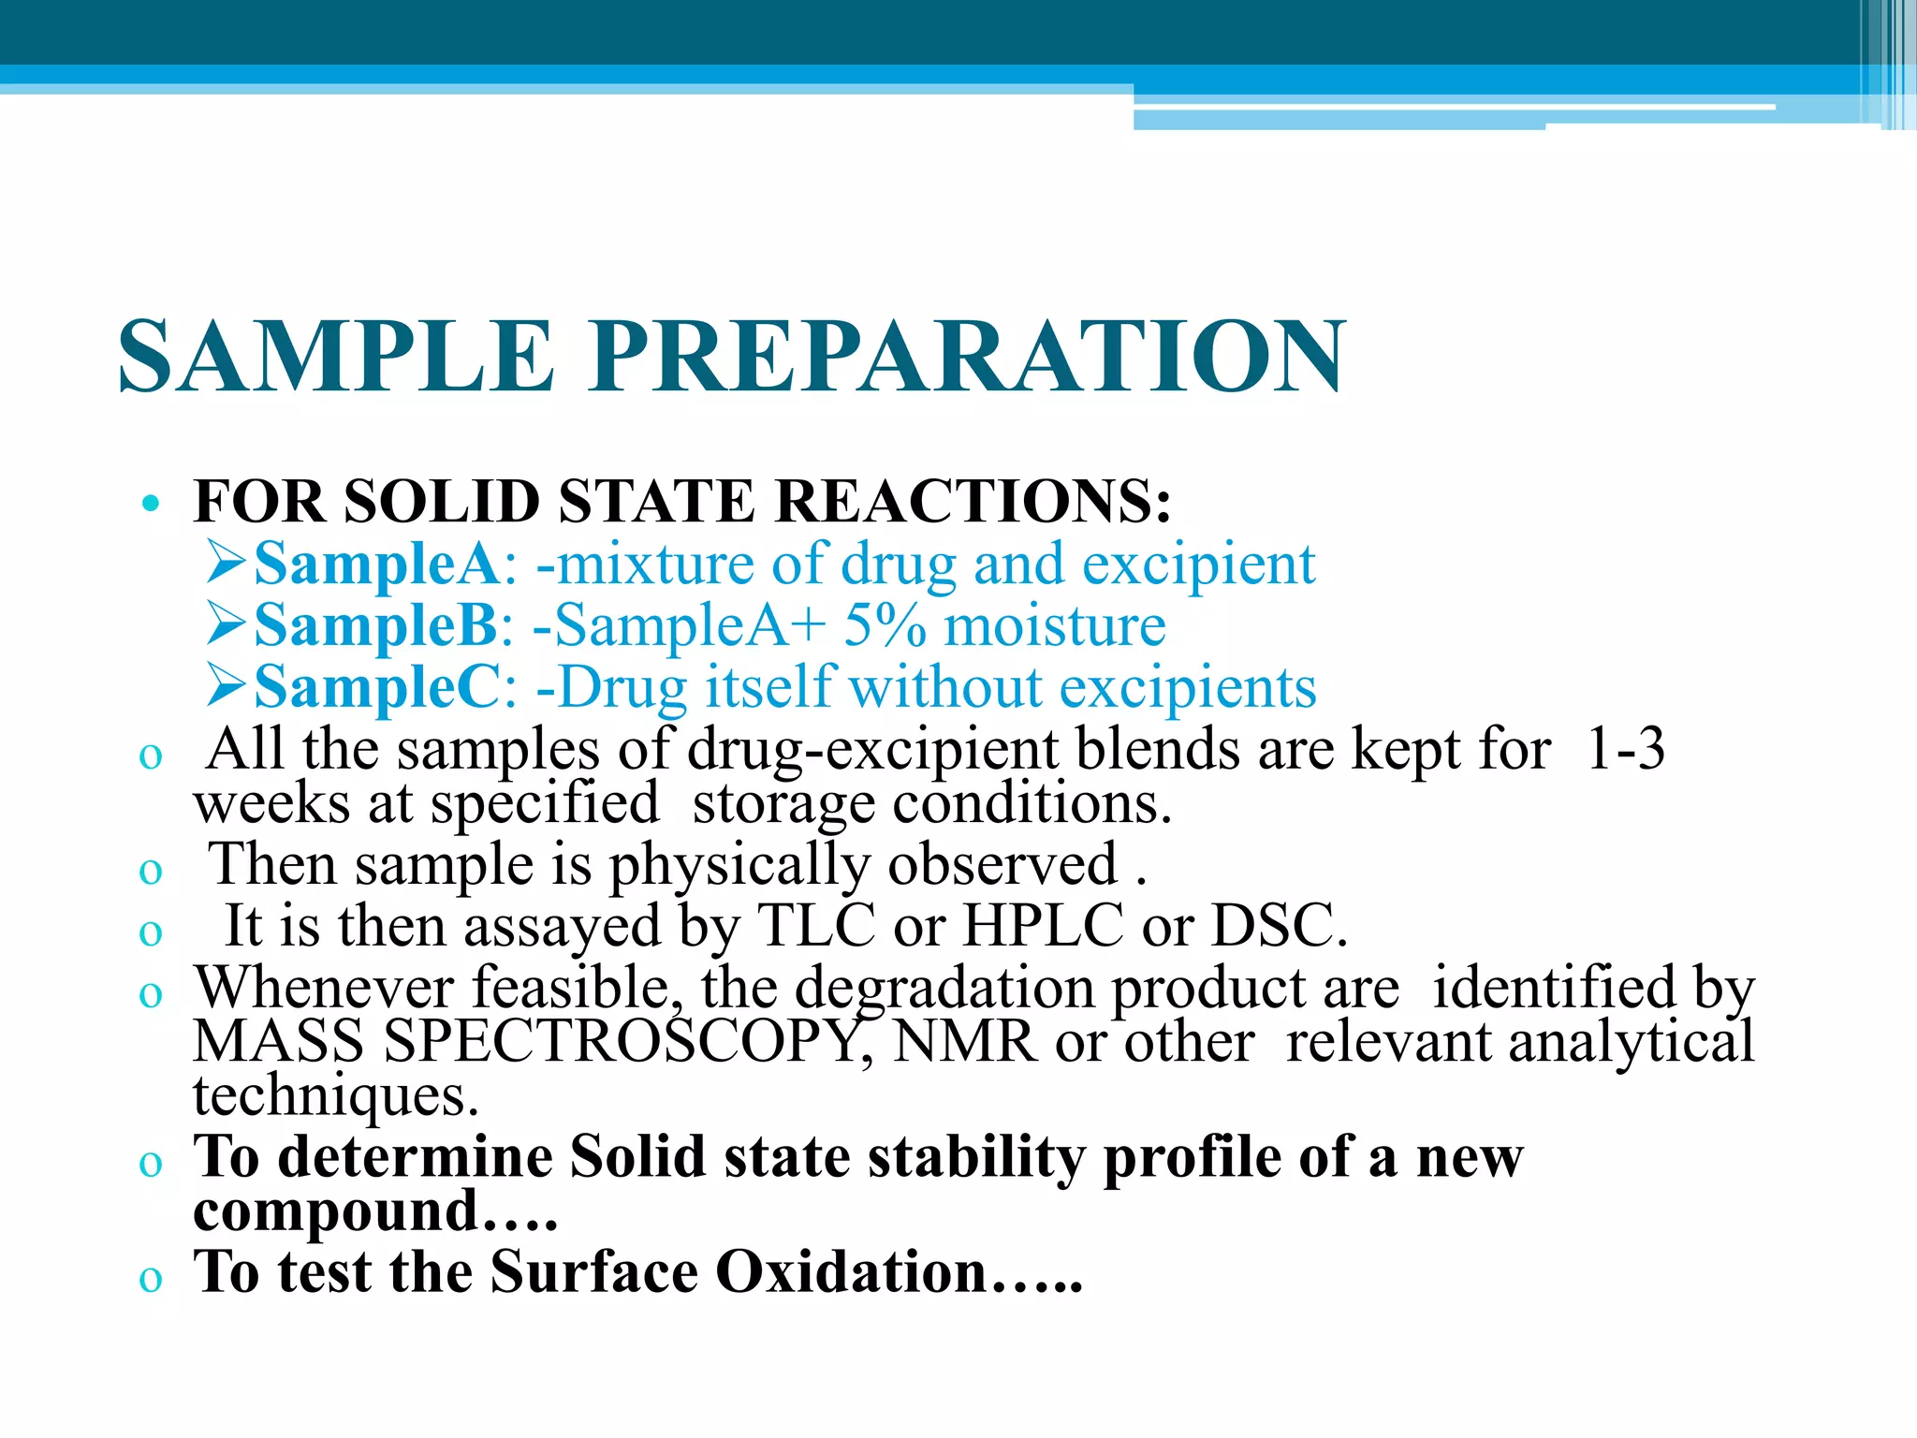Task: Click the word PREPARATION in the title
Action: coord(967,358)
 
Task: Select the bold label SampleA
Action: coord(377,565)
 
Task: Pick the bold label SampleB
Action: coord(376,626)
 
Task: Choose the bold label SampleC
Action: coord(377,688)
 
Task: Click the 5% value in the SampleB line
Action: coord(885,626)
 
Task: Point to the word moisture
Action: coord(1055,626)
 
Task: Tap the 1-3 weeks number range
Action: coord(1627,749)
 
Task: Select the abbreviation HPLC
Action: coord(1043,926)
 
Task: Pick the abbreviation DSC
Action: coord(1279,926)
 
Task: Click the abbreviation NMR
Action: coord(965,1042)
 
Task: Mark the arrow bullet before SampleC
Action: coord(227,687)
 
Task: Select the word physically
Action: coord(739,864)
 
